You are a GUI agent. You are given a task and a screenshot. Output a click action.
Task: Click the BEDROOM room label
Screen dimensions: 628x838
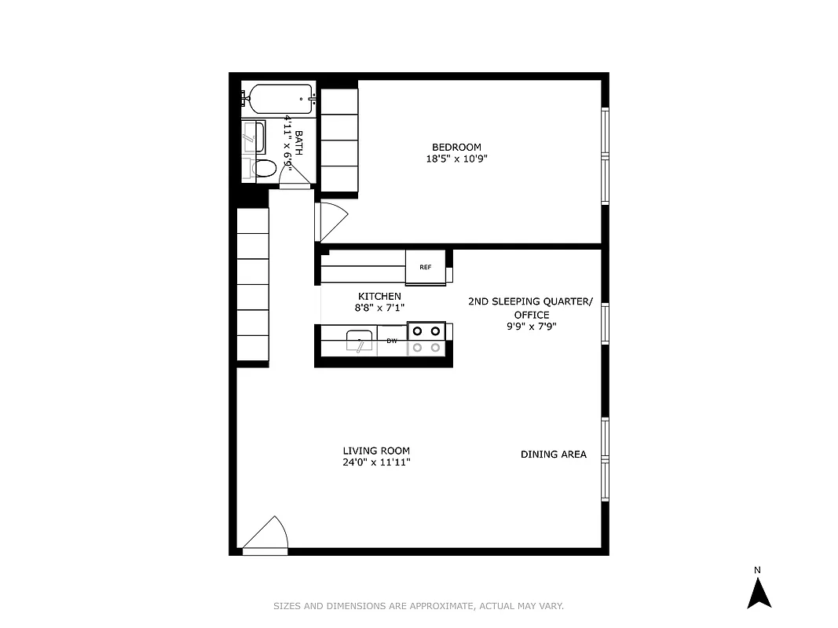[x=456, y=147]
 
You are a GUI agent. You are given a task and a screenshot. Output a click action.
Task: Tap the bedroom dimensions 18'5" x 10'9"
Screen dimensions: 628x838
[x=456, y=159]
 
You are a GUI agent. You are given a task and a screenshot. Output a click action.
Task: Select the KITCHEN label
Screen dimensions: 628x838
[x=379, y=296]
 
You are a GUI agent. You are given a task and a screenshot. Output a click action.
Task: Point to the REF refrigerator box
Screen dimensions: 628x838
[x=426, y=267]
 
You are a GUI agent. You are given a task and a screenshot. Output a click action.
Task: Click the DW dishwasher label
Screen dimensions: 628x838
[x=391, y=341]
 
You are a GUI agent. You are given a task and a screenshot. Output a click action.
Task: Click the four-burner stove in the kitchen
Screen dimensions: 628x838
[x=426, y=339]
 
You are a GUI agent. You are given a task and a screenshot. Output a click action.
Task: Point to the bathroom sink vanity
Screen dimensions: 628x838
[x=254, y=137]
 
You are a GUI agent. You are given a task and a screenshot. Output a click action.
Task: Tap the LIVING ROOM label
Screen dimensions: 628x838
[x=376, y=451]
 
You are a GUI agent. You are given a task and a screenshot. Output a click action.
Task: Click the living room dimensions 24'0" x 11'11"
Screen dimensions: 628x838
[x=376, y=462]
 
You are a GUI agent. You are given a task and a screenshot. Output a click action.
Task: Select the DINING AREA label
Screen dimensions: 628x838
[x=553, y=454]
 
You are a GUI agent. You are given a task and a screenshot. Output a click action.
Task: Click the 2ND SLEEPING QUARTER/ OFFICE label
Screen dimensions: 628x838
[x=531, y=307]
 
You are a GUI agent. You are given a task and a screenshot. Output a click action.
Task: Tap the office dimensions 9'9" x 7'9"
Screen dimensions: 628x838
[x=532, y=327]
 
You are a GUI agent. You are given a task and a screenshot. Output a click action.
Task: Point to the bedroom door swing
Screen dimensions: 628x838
[x=330, y=221]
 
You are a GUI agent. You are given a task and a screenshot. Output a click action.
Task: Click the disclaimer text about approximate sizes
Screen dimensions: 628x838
[x=419, y=606]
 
